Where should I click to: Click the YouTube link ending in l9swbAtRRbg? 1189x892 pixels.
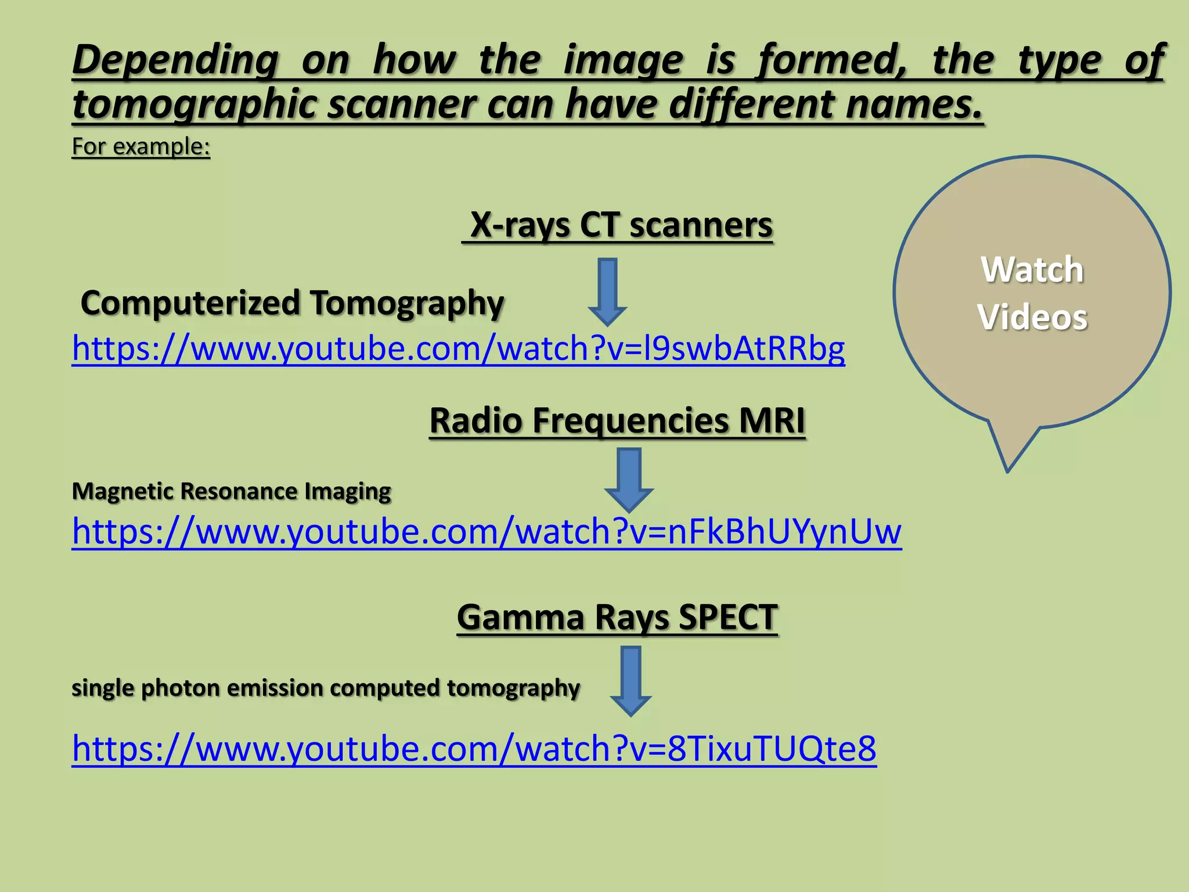458,348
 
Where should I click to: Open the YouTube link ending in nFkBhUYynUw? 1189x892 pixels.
487,531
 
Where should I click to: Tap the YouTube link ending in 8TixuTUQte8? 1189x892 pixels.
474,749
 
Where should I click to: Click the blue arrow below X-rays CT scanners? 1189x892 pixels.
607,291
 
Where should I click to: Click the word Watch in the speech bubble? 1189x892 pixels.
1032,270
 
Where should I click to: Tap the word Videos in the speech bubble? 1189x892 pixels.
1032,318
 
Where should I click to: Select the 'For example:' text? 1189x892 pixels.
140,146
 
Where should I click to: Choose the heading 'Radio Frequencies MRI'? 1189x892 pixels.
617,420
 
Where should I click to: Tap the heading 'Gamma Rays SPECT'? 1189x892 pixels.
617,617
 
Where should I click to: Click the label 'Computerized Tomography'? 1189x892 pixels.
293,303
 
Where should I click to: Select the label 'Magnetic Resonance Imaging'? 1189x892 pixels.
231,491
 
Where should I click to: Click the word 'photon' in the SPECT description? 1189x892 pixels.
180,688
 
